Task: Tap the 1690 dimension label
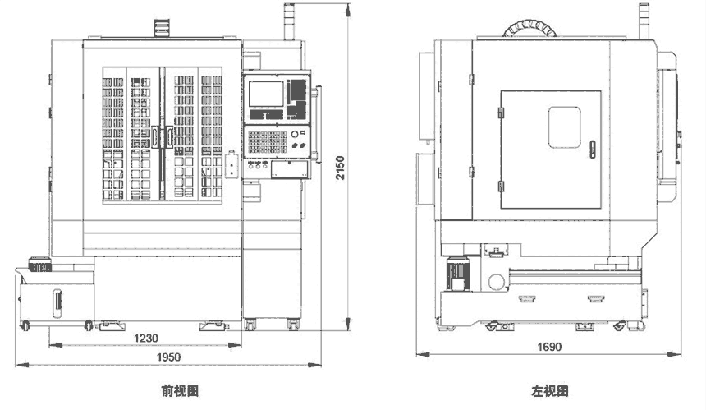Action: tap(551, 348)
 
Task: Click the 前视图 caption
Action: tap(180, 391)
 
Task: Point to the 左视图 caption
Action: tap(550, 391)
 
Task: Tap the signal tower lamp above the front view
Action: tap(289, 21)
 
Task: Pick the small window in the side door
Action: tap(563, 127)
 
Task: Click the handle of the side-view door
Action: tap(592, 147)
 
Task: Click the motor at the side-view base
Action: tap(456, 274)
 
